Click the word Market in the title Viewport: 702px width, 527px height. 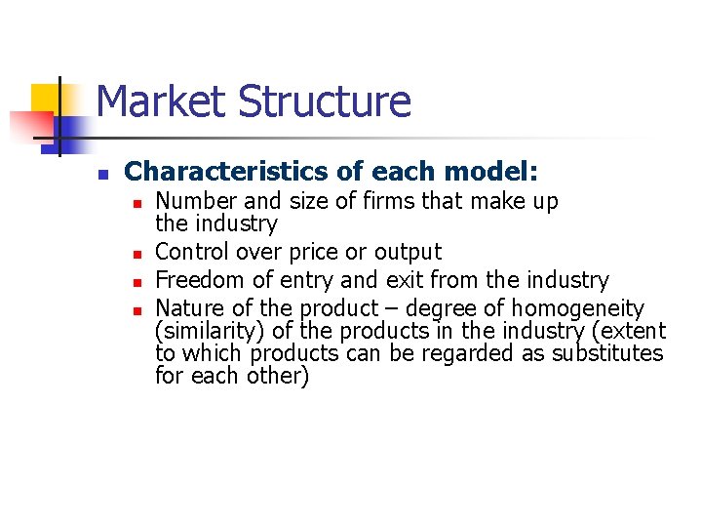[162, 101]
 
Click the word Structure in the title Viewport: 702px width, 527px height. [325, 101]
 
